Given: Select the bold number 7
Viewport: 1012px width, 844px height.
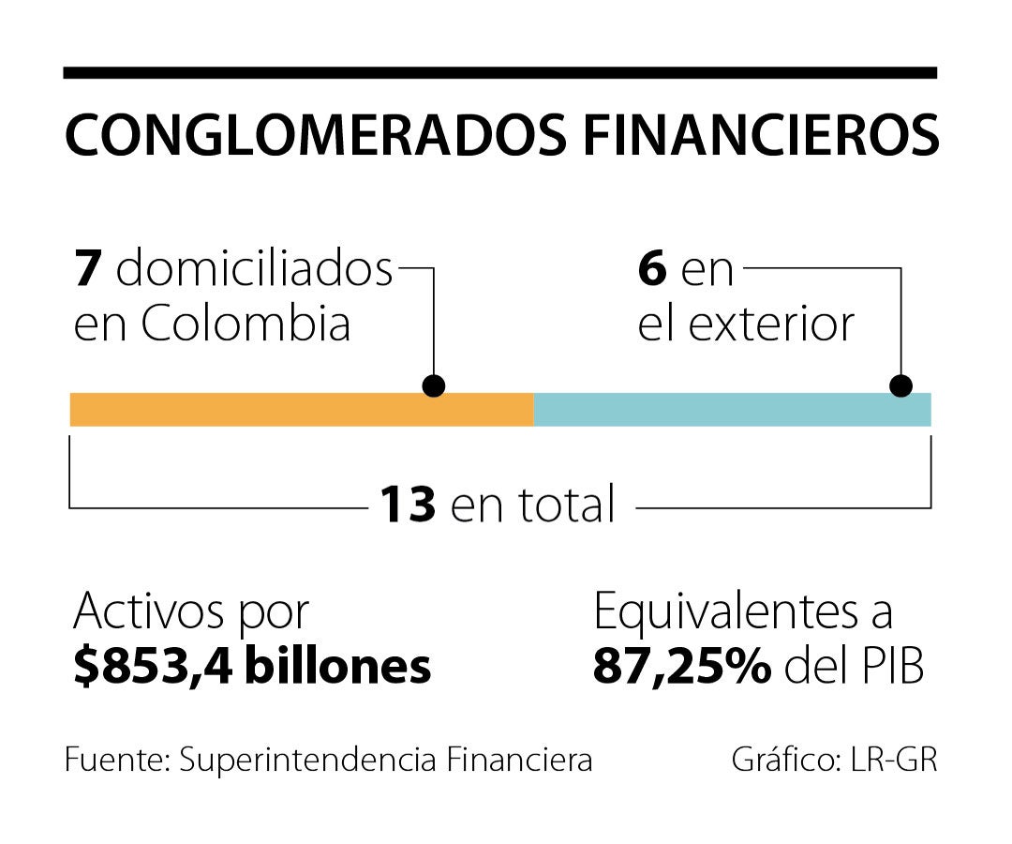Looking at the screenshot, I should [x=88, y=270].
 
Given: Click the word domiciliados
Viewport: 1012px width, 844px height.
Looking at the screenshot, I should [x=254, y=270].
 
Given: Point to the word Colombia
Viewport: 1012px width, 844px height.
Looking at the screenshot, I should [x=246, y=324].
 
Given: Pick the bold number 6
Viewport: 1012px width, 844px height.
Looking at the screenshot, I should [x=652, y=270].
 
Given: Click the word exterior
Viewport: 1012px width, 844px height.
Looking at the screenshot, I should [x=771, y=324].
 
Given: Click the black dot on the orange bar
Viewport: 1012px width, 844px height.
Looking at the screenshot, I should [x=434, y=385].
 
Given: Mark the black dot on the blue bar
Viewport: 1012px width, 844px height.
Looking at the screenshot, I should [x=900, y=385].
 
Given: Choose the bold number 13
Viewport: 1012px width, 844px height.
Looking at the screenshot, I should [x=408, y=505].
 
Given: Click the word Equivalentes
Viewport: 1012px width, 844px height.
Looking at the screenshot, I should [x=724, y=613].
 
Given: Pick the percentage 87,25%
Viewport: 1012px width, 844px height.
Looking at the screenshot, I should [x=682, y=666].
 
